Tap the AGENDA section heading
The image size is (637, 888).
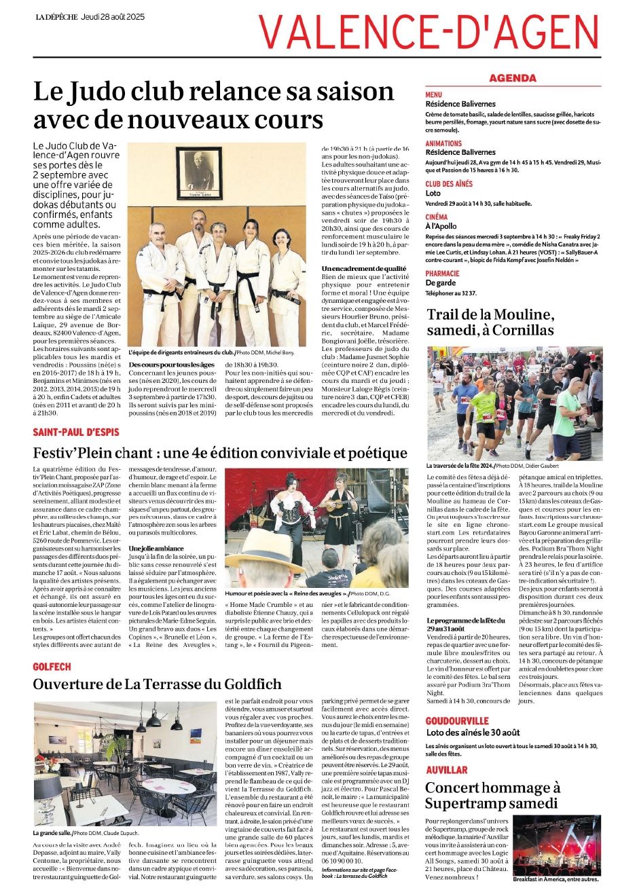[x=512, y=78]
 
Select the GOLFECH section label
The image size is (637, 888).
[x=52, y=667]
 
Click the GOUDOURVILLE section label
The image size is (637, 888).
[x=457, y=720]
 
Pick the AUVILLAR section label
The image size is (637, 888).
[x=446, y=770]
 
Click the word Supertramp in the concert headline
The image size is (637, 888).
[x=467, y=804]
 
